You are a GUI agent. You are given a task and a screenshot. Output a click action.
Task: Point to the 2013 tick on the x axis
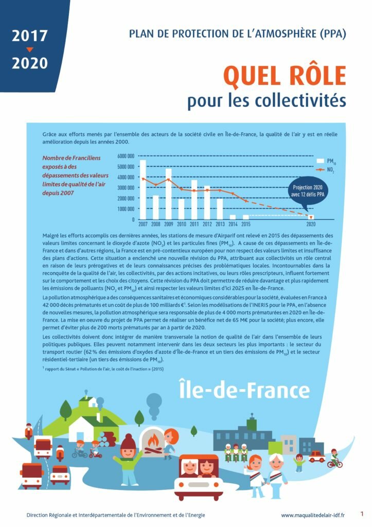click(x=220, y=224)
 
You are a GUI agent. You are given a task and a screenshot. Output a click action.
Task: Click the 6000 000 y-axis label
click(x=126, y=155)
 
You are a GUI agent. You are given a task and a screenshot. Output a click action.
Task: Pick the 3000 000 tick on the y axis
click(x=126, y=187)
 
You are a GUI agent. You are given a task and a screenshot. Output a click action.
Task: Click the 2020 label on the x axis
click(x=311, y=224)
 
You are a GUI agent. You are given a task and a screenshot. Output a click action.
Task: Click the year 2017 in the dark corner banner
click(x=30, y=36)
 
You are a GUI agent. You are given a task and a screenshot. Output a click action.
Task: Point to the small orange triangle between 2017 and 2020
click(x=29, y=50)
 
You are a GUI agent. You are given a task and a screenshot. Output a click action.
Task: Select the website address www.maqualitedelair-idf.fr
click(x=313, y=515)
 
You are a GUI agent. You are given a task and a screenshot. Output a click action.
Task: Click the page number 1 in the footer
click(x=362, y=514)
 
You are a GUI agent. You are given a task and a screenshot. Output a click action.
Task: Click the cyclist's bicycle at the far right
click(x=334, y=463)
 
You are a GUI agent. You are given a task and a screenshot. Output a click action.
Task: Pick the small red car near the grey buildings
click(x=316, y=456)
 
